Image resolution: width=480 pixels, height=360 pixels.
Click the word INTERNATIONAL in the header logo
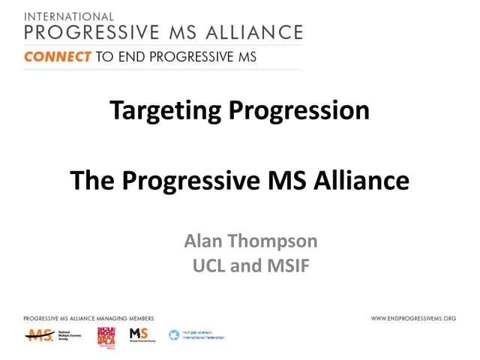click(x=69, y=16)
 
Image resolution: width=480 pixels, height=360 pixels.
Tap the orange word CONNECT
click(x=58, y=56)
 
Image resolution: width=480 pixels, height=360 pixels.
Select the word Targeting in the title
click(x=166, y=112)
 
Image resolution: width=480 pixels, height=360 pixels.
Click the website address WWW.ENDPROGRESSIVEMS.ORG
click(x=413, y=319)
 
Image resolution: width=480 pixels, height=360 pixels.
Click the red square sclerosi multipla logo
click(x=106, y=336)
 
